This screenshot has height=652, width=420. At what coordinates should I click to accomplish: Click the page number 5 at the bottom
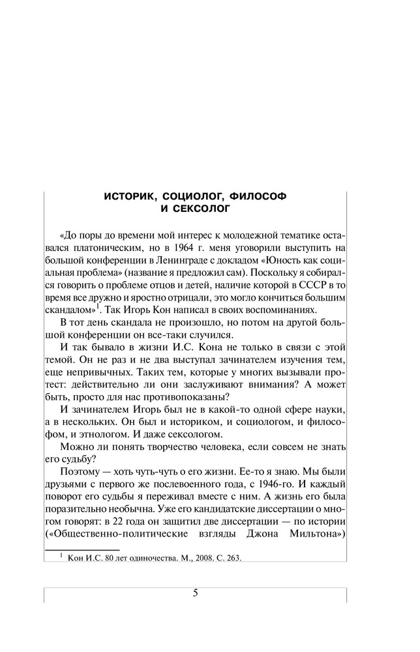[195, 593]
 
